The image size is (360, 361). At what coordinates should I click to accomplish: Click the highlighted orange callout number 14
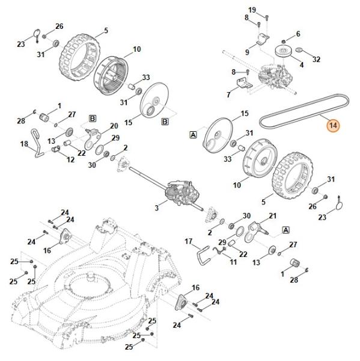click(x=333, y=126)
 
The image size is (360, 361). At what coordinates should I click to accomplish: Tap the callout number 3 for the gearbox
click(x=157, y=208)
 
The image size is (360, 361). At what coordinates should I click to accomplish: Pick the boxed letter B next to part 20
click(x=93, y=119)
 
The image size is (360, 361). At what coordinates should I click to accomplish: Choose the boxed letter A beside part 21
click(x=285, y=230)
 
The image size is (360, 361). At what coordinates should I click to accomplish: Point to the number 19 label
click(x=252, y=10)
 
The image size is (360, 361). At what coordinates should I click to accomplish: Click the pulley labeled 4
click(x=284, y=52)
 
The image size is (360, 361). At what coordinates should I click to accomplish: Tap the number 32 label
click(x=316, y=59)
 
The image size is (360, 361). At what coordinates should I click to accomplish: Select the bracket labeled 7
click(x=244, y=83)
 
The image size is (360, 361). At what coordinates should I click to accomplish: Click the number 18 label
click(x=24, y=144)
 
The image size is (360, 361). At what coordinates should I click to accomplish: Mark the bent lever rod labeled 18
click(x=37, y=143)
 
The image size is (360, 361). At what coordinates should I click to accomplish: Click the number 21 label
click(x=273, y=216)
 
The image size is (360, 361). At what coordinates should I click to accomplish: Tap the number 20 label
click(x=114, y=126)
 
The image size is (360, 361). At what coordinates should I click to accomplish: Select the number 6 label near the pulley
click(x=298, y=34)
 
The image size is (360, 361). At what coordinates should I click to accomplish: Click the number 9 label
click(x=247, y=52)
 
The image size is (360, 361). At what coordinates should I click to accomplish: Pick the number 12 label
click(x=71, y=159)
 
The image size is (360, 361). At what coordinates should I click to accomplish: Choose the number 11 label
click(x=233, y=262)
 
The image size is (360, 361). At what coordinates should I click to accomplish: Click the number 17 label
click(x=188, y=241)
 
